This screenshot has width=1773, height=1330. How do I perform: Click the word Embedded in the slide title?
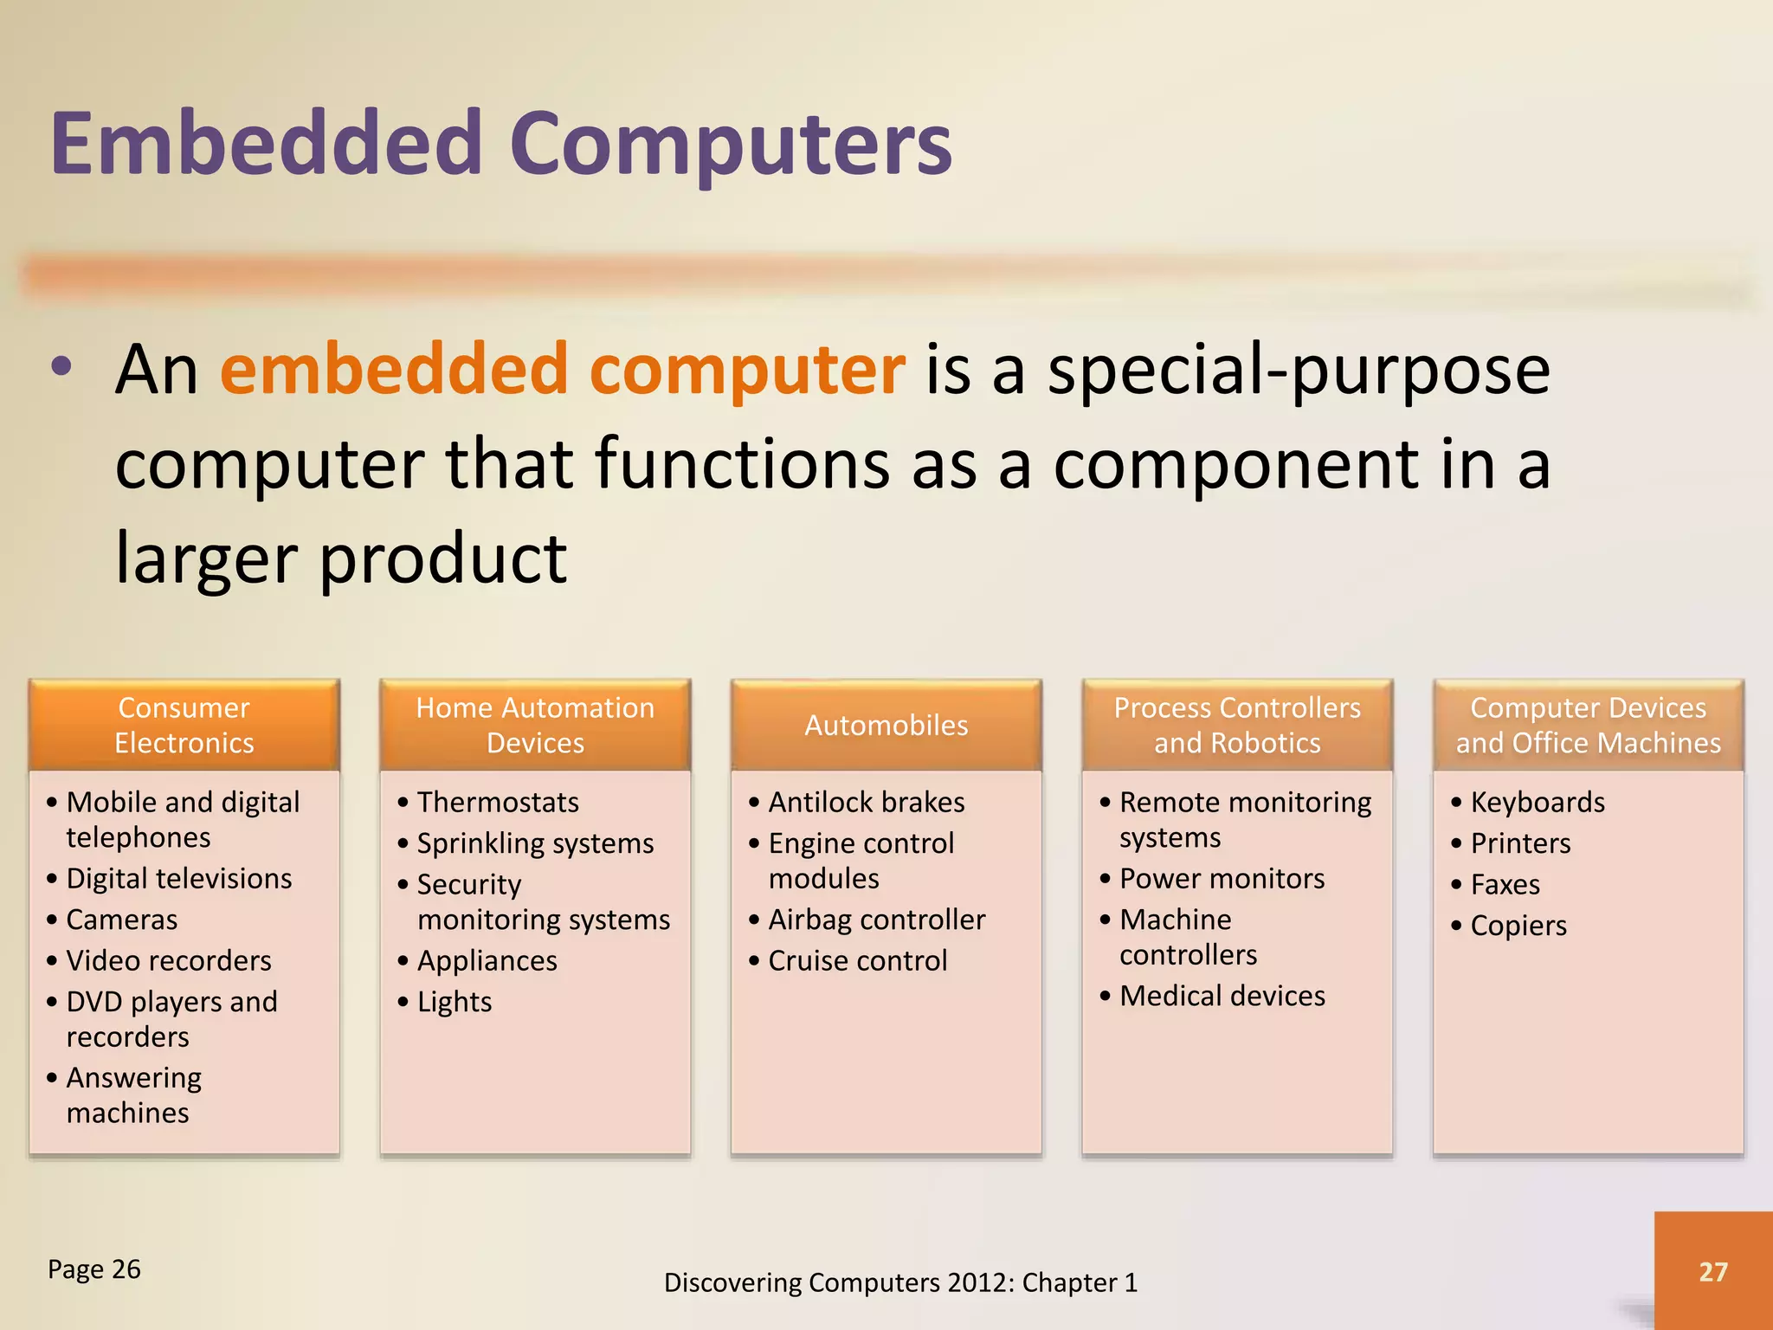point(266,144)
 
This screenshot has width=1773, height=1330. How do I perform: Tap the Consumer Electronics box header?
point(184,726)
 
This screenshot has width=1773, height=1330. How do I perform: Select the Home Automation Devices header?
point(535,726)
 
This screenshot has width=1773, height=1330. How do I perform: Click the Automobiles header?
point(886,726)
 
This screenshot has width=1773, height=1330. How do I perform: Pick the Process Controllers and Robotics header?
point(1237,726)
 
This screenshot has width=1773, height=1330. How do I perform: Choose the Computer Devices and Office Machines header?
point(1588,726)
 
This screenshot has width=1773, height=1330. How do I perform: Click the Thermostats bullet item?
point(498,803)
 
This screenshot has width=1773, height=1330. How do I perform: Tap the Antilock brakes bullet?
point(866,803)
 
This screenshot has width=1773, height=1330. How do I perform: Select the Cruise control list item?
point(857,961)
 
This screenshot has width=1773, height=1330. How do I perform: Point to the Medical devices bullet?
point(1222,997)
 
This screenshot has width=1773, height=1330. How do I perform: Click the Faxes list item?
point(1505,885)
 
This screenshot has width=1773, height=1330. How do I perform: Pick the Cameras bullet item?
point(122,920)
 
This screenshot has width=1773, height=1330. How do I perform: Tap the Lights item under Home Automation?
point(455,1003)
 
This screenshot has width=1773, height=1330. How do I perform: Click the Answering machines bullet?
point(133,1095)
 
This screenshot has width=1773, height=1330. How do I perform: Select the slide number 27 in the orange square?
point(1712,1271)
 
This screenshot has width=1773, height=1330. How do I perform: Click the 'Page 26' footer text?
point(93,1269)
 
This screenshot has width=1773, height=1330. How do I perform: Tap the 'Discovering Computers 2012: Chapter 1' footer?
point(900,1282)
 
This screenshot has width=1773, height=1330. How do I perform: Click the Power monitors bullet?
point(1222,879)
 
